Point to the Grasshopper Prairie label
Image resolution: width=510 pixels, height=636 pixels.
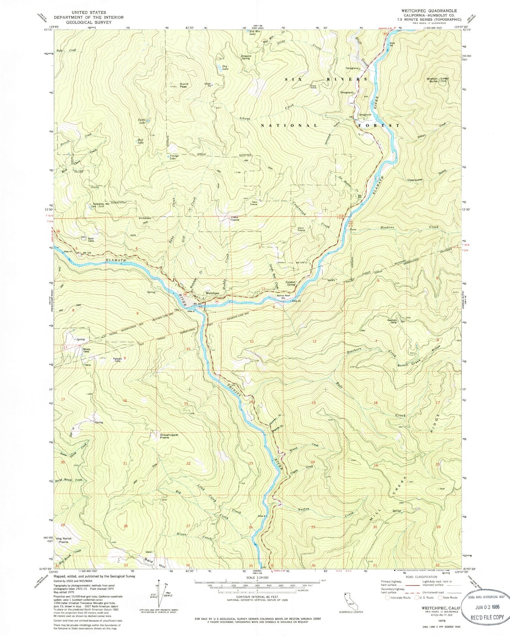pyautogui.click(x=169, y=436)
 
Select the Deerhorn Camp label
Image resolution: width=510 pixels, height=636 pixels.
pyautogui.click(x=392, y=321)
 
